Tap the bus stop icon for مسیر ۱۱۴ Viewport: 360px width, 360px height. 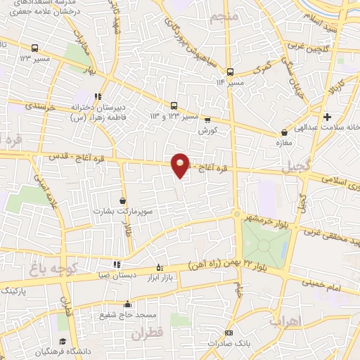pos(229,72)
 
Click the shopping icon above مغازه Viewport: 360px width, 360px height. pos(284,131)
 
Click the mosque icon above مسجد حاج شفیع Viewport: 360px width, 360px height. pos(127,304)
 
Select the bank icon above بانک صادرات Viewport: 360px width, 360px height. pos(229,332)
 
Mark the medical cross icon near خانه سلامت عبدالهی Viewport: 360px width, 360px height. pos(326,117)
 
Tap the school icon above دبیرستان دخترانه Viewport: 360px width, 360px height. pos(98,96)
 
